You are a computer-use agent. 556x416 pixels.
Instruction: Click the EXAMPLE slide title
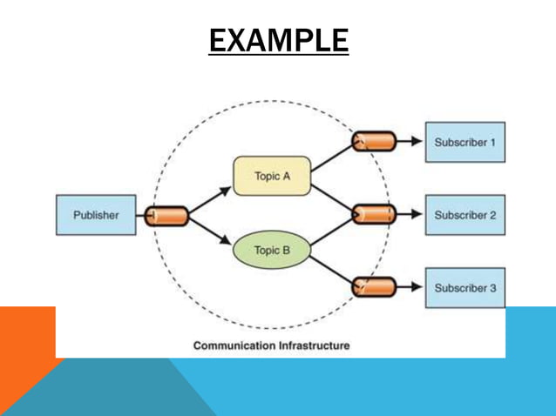(x=278, y=40)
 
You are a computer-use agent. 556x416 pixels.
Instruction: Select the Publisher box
(x=96, y=215)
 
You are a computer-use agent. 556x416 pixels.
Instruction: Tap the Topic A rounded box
(x=272, y=176)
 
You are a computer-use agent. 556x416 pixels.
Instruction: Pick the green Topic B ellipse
(x=272, y=251)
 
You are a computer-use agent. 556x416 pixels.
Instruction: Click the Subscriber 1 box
(x=464, y=142)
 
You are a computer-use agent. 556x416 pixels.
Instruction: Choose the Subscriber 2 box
(x=464, y=215)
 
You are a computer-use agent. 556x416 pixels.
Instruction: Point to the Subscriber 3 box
(x=464, y=287)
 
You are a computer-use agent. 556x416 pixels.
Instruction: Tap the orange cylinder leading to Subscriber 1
(x=373, y=142)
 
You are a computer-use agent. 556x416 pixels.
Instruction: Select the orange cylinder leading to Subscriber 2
(x=373, y=214)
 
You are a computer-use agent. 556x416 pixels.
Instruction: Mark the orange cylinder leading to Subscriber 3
(x=373, y=287)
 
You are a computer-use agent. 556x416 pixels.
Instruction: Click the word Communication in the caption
(x=233, y=346)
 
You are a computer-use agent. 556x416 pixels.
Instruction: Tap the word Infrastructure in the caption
(x=314, y=346)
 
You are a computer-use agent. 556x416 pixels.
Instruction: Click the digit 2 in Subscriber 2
(x=492, y=215)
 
